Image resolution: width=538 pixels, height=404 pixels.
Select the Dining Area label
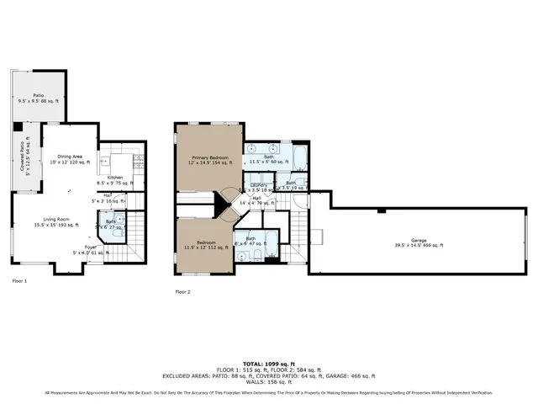pyautogui.click(x=70, y=159)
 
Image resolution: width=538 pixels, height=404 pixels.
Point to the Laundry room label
pyautogui.click(x=260, y=188)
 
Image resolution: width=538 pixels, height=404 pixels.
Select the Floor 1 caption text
pyautogui.click(x=19, y=280)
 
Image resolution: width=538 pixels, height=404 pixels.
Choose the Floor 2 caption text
pyautogui.click(x=182, y=292)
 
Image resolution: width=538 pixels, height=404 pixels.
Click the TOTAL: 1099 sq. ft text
pyautogui.click(x=268, y=364)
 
